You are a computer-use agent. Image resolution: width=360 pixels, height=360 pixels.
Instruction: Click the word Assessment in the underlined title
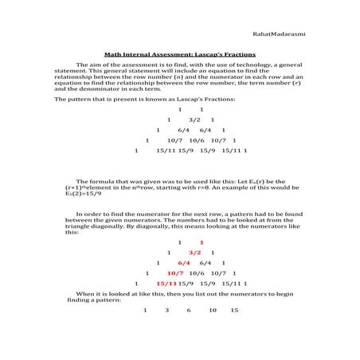pyautogui.click(x=174, y=53)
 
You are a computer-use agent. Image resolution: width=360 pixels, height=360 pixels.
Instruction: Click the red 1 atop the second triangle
pyautogui.click(x=202, y=241)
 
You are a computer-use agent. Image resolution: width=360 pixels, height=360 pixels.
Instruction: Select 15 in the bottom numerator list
pyautogui.click(x=234, y=310)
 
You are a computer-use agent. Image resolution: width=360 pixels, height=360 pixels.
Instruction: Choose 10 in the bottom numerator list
pyautogui.click(x=213, y=310)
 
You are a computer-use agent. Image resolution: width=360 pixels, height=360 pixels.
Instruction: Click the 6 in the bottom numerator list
pyautogui.click(x=189, y=310)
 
